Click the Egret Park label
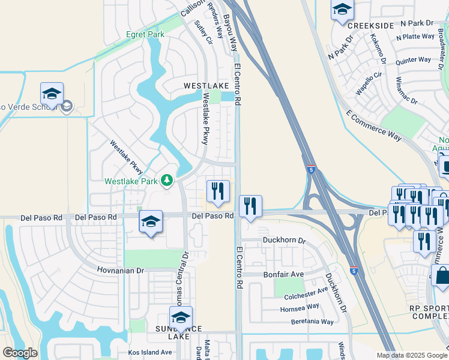[145, 35]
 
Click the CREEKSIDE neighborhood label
[370, 25]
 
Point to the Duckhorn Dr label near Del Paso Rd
[284, 241]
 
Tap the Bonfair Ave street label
[284, 274]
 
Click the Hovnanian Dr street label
[121, 271]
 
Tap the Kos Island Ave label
[149, 352]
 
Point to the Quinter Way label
[413, 60]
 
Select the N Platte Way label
[415, 37]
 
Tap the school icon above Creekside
[342, 10]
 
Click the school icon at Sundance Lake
[181, 317]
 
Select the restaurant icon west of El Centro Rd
[218, 191]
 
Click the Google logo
[20, 353]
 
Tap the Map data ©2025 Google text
[411, 355]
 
